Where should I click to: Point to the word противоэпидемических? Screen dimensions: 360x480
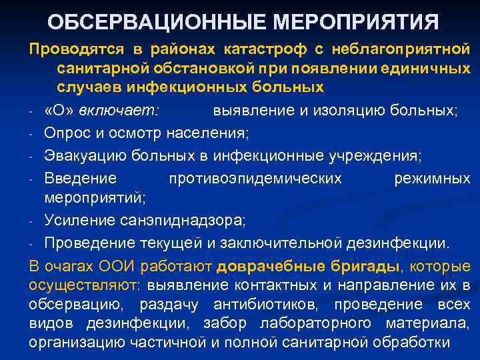(x=255, y=178)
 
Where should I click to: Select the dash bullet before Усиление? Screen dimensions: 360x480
(x=33, y=221)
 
